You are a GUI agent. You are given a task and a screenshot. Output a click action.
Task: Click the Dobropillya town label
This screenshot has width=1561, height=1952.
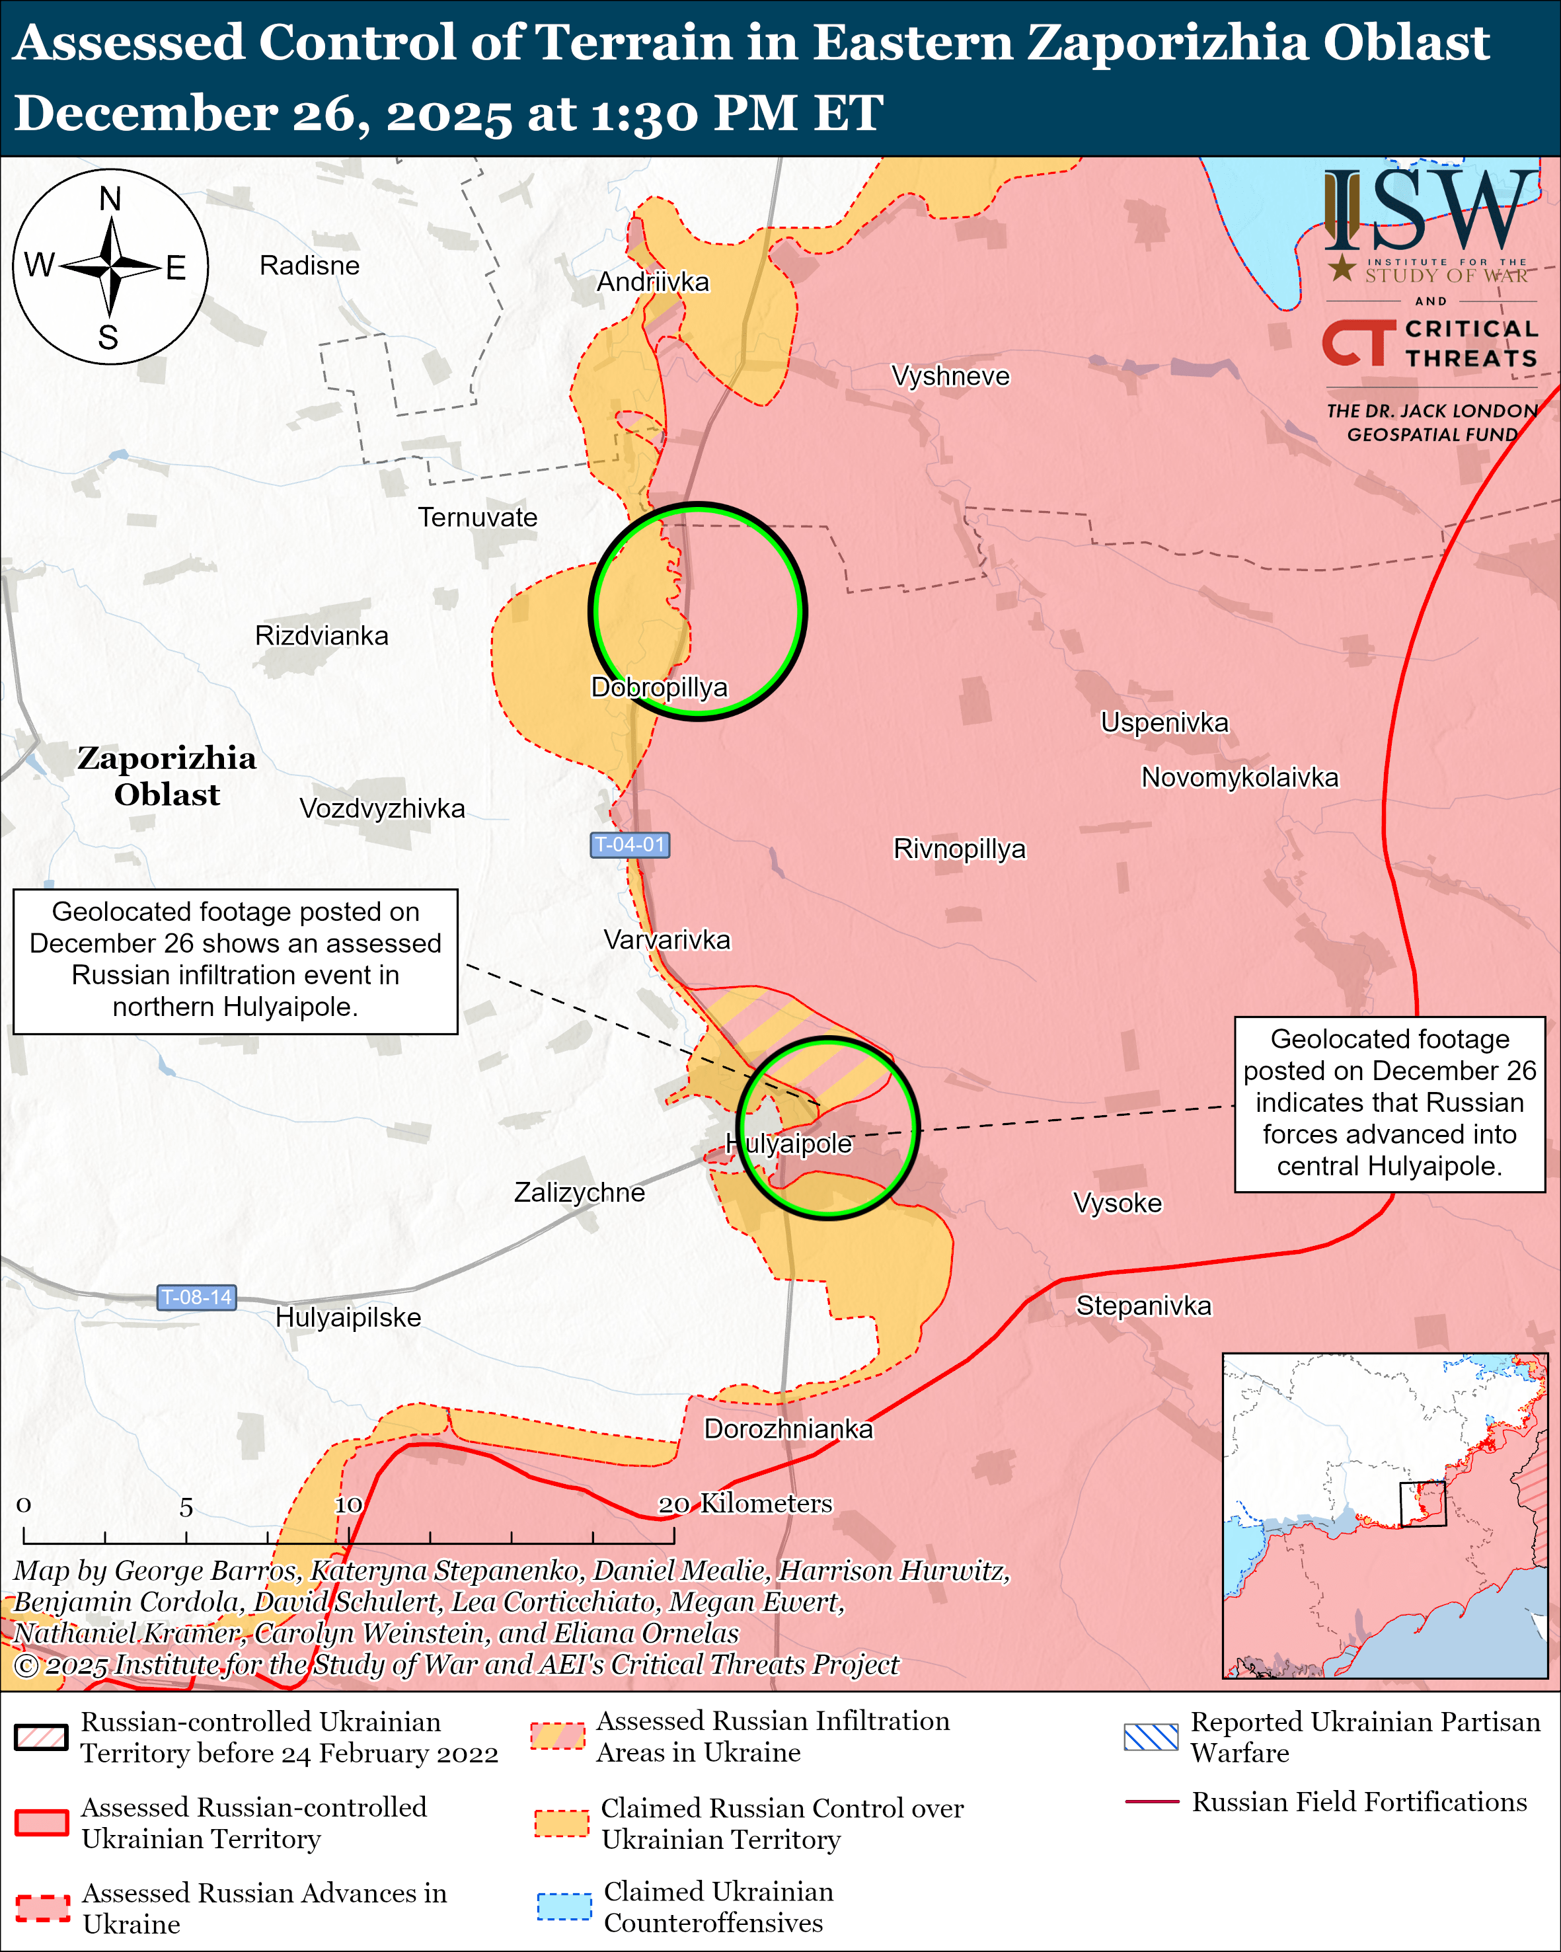(x=659, y=687)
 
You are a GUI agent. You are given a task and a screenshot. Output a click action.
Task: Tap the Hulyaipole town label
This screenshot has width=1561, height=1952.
(x=789, y=1144)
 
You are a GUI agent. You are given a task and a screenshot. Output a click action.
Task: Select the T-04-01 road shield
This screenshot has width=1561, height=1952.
(x=630, y=845)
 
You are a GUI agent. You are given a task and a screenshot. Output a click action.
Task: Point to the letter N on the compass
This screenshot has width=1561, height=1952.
(x=110, y=198)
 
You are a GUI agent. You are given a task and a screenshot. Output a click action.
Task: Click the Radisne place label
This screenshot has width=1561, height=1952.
(x=309, y=265)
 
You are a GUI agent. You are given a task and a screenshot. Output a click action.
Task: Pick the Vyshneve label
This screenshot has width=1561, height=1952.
(x=950, y=375)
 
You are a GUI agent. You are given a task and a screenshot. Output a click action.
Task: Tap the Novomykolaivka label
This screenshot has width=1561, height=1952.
(x=1240, y=777)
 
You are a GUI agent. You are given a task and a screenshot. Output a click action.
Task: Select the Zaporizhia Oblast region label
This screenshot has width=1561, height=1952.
(x=167, y=776)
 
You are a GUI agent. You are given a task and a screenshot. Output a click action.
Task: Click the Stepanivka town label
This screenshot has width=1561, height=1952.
(x=1143, y=1306)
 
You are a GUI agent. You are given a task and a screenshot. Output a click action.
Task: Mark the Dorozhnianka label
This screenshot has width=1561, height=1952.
(x=788, y=1428)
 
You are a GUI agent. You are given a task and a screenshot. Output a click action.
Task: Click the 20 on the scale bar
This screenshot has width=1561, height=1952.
(x=673, y=1504)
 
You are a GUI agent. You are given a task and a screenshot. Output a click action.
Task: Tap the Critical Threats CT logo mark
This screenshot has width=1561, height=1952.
(x=1358, y=343)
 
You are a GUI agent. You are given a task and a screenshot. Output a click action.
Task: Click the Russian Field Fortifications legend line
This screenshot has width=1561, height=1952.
(x=1151, y=1802)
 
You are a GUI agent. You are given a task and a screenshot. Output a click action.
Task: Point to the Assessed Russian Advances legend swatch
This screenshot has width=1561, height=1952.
(x=42, y=1907)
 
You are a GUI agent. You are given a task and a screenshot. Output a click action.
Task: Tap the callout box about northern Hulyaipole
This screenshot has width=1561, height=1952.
(x=235, y=960)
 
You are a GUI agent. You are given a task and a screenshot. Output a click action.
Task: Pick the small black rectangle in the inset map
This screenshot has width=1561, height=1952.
(x=1423, y=1504)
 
